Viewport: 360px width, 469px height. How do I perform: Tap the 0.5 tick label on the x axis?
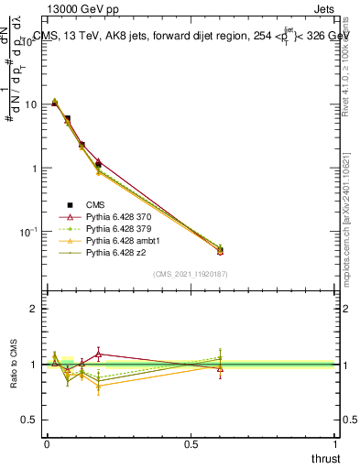[x=191, y=443]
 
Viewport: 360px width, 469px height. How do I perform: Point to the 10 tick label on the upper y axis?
[x=30, y=104]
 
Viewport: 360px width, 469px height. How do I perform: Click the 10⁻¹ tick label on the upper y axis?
[x=27, y=232]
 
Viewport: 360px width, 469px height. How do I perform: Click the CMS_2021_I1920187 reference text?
[x=190, y=273]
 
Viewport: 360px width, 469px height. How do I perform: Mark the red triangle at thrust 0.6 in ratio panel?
[x=220, y=368]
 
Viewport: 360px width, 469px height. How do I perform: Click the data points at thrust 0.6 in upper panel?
[x=220, y=249]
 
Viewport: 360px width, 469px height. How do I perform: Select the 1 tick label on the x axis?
[x=335, y=443]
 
